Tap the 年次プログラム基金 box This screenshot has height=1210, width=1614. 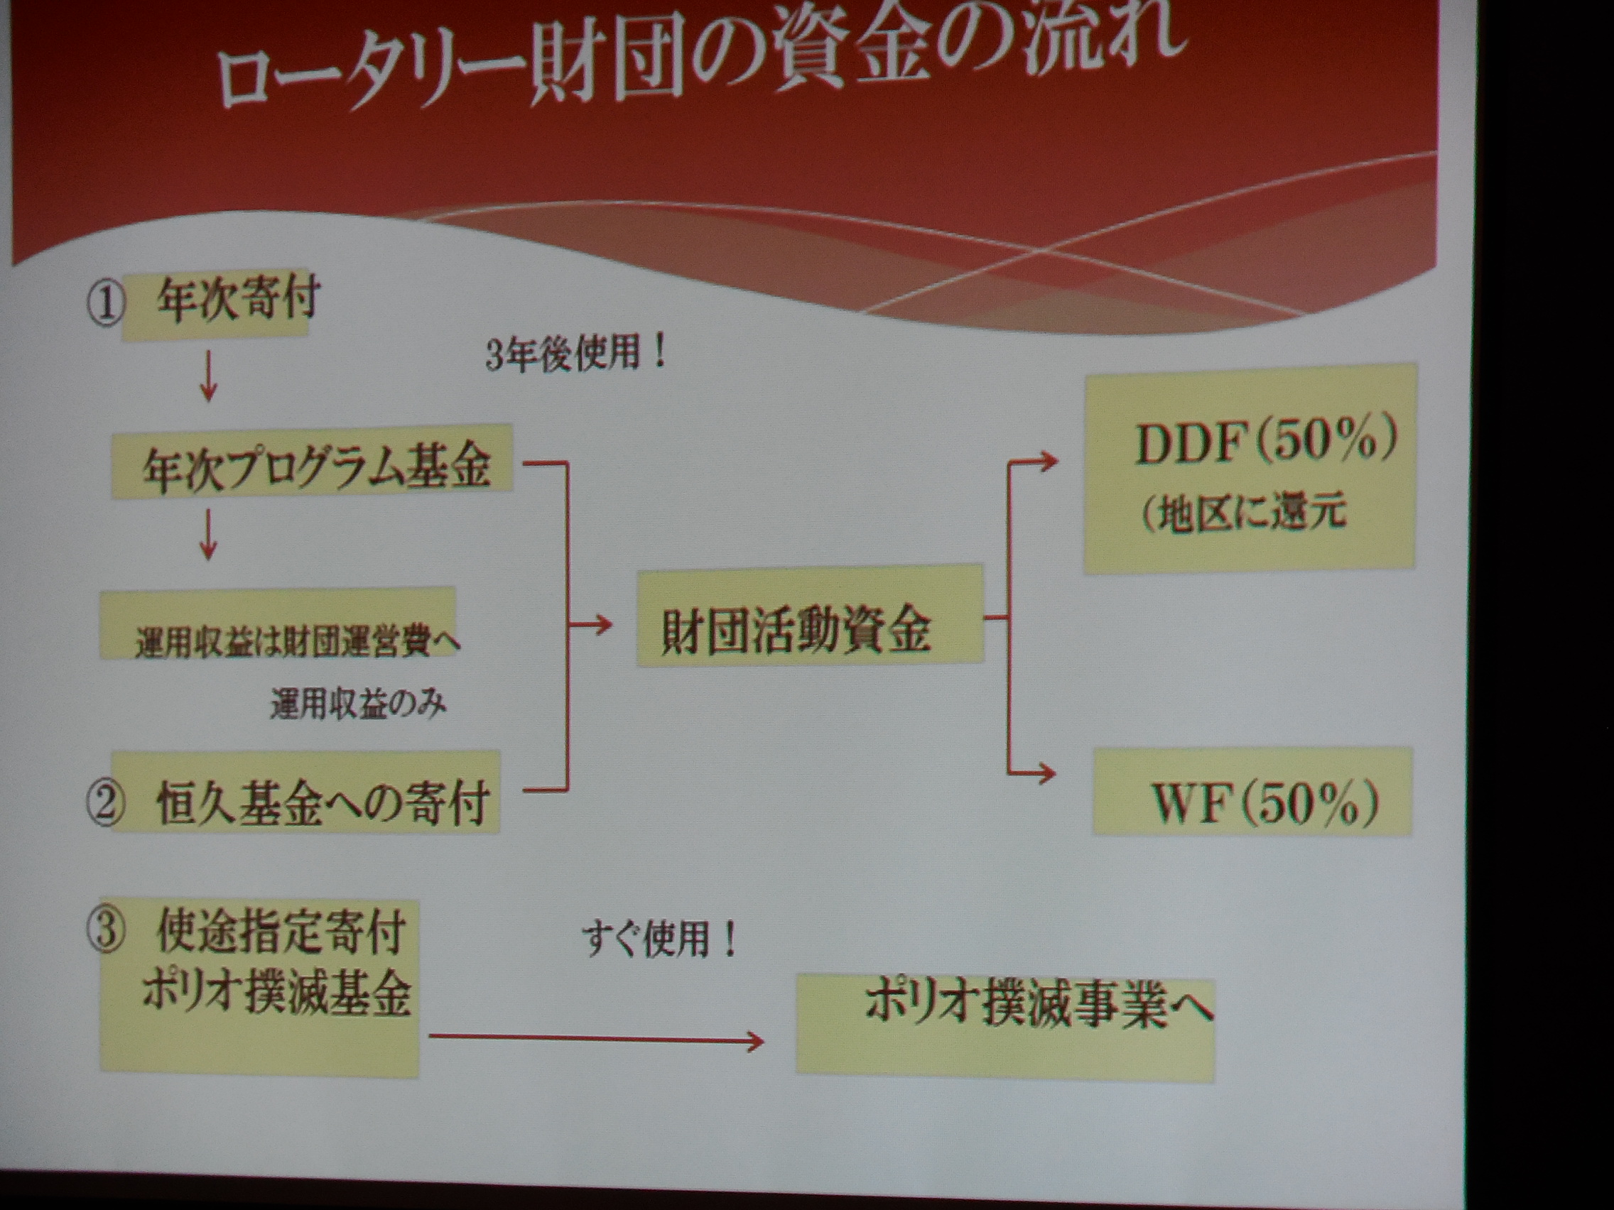click(312, 462)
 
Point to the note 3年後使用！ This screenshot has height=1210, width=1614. click(576, 355)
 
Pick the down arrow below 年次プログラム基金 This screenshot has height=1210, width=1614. click(209, 535)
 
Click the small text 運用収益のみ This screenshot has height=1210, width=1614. click(358, 704)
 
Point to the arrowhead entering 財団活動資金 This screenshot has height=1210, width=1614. click(601, 624)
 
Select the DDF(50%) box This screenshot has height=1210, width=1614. click(1250, 469)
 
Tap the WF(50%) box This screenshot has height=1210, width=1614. click(1252, 792)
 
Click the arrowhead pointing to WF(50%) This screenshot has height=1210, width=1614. click(1045, 773)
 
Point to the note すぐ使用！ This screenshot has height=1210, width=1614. click(661, 940)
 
